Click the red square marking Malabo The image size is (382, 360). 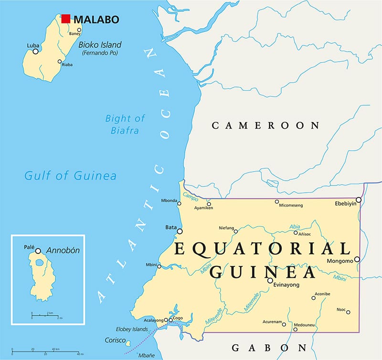66,19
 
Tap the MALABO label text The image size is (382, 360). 96,20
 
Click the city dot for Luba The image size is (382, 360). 35,51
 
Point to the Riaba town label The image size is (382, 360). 67,65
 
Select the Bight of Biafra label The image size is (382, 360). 125,124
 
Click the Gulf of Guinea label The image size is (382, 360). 70,176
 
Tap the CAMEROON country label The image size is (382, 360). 265,126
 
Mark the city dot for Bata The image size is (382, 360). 180,231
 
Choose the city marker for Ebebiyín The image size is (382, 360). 359,200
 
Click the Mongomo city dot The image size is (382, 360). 357,259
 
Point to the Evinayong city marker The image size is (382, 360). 270,281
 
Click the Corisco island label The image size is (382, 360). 113,340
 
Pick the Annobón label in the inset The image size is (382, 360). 63,250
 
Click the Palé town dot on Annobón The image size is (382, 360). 38,251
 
